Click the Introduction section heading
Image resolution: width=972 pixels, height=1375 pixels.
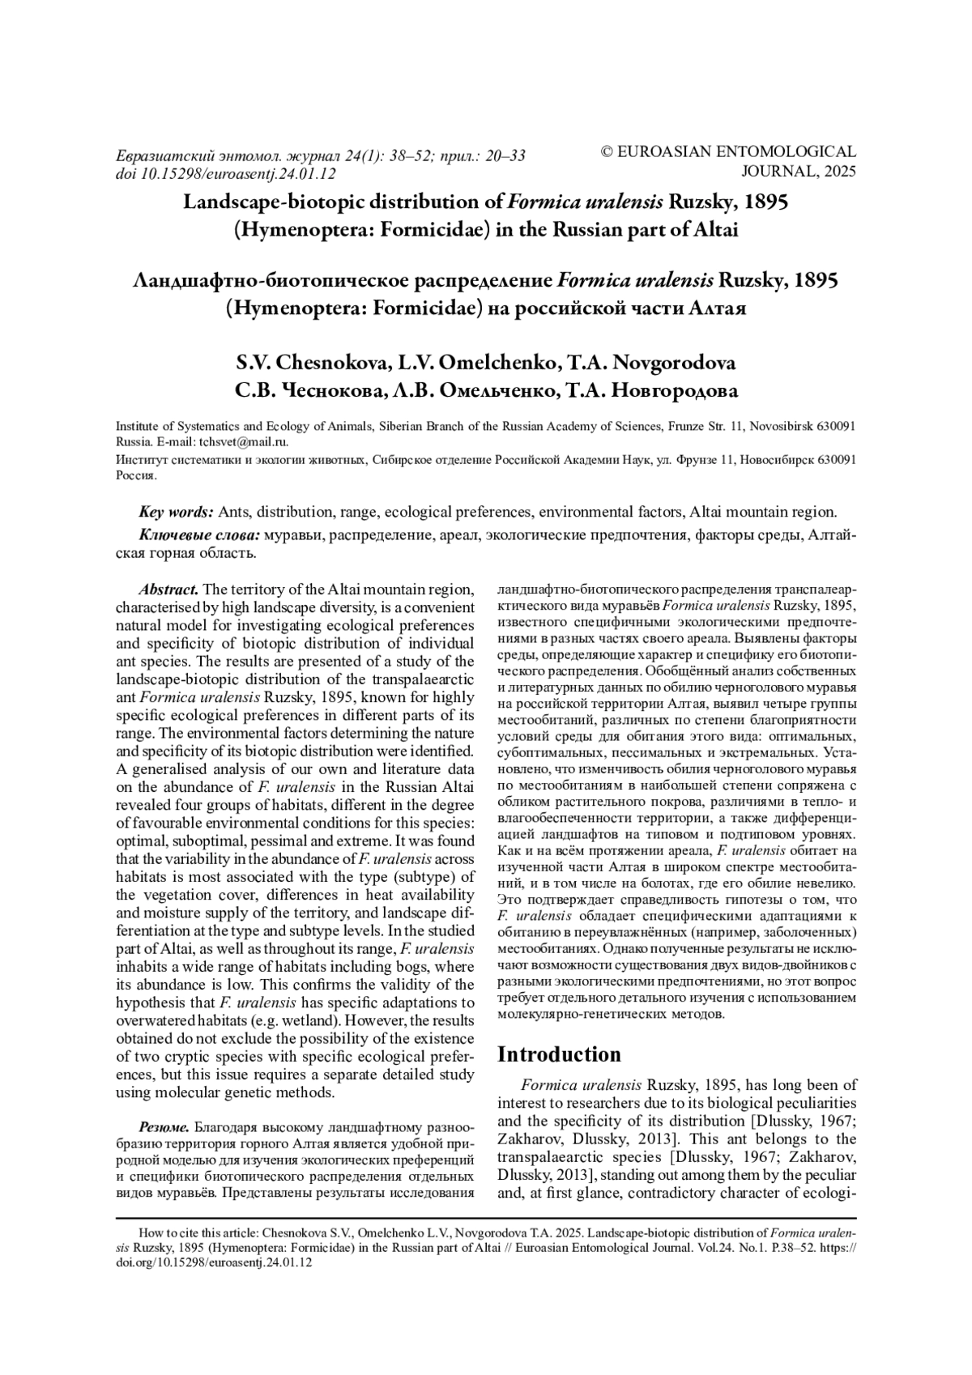(559, 1054)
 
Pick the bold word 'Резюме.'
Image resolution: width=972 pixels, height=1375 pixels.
(164, 1126)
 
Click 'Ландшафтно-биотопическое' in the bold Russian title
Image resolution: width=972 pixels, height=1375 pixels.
(275, 280)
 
